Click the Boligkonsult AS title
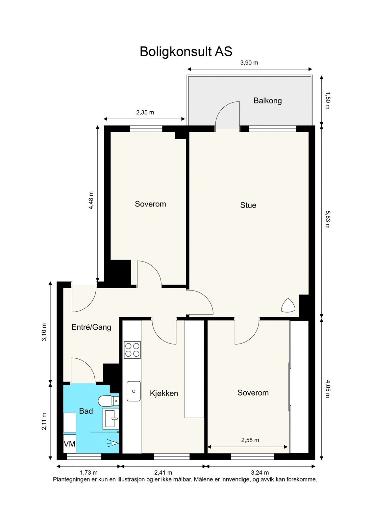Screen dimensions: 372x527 point(186,51)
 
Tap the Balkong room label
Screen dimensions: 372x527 point(267,101)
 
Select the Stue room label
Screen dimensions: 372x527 point(248,205)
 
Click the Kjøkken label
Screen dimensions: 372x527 point(164,393)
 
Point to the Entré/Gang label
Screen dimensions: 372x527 point(91,327)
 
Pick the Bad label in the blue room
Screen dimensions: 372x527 point(86,411)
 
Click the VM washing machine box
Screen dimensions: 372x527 point(69,444)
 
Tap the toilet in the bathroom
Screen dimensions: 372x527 point(108,401)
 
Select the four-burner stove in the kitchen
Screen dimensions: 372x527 point(132,350)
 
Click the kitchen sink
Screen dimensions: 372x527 point(134,391)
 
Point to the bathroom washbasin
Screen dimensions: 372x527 point(111,419)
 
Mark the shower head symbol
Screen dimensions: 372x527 point(113,443)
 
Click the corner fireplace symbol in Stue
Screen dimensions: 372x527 point(288,306)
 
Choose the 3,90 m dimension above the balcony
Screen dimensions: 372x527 point(249,63)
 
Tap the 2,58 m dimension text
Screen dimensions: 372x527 point(250,440)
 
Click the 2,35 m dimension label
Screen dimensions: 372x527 point(145,112)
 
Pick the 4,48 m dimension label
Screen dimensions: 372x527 point(91,200)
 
